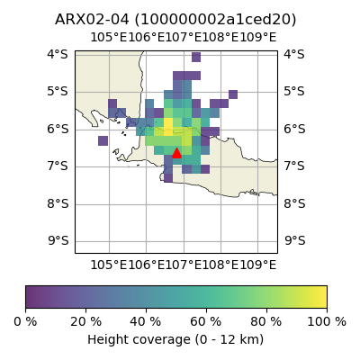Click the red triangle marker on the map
[176, 153]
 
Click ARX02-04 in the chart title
[92, 20]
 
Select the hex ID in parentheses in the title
[215, 20]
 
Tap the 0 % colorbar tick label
[25, 322]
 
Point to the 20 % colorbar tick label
[86, 322]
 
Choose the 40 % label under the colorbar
[146, 322]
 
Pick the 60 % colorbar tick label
[206, 322]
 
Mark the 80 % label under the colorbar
[266, 322]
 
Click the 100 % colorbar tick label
[327, 322]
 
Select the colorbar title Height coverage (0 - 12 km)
[175, 340]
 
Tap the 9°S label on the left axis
[58, 240]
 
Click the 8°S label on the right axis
[294, 203]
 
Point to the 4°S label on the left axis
[58, 54]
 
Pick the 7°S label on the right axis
[294, 166]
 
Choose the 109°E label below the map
[257, 265]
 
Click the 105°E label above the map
[109, 38]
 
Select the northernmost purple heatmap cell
[196, 57]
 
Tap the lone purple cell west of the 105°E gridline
[103, 140]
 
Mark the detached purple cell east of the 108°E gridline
[233, 94]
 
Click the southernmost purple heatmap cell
[168, 178]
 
